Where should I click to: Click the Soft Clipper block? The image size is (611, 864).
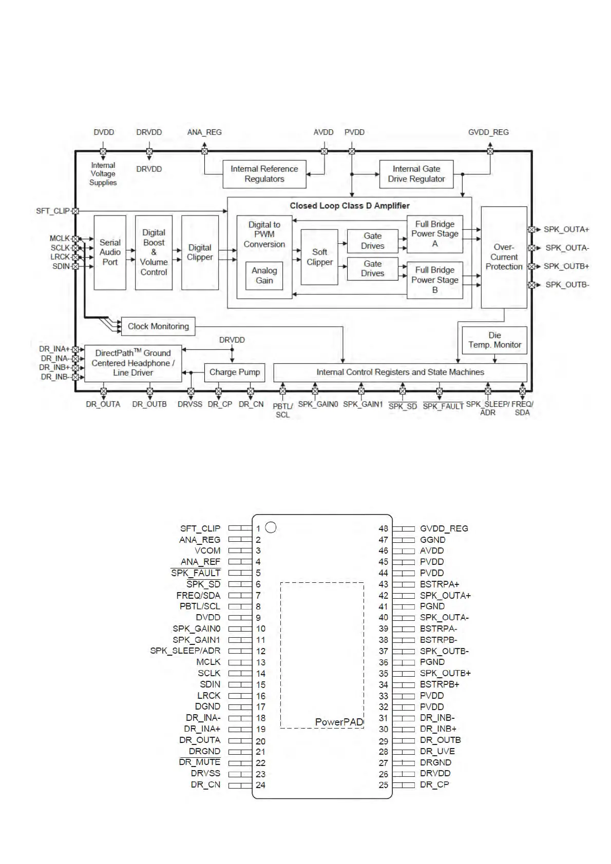point(319,257)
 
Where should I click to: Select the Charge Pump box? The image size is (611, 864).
point(235,372)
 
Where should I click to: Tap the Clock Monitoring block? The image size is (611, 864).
point(158,326)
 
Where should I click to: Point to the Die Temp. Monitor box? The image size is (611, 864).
point(494,340)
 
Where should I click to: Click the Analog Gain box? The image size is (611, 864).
point(264,276)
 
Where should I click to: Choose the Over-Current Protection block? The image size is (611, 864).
point(504,257)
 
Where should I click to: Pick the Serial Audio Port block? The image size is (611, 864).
point(110,252)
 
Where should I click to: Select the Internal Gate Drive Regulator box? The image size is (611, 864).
point(416,174)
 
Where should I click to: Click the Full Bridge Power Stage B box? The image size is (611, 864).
point(435,280)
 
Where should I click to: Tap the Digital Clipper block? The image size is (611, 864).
point(200,252)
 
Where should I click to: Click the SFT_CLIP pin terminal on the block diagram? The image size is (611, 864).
point(75,211)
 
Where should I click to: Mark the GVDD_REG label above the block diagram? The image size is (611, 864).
point(488,132)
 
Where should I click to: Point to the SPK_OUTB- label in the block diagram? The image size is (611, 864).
point(567,285)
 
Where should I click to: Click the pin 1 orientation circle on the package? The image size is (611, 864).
point(271,527)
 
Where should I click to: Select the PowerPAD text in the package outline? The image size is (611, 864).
point(339,722)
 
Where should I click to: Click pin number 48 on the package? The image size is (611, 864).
point(383,528)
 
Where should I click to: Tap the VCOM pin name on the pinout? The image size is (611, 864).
point(207,551)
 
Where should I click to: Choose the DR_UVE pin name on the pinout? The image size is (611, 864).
point(437,751)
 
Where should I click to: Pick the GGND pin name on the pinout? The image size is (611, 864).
point(433,540)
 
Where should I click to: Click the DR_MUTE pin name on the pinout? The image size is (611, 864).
point(200,762)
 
